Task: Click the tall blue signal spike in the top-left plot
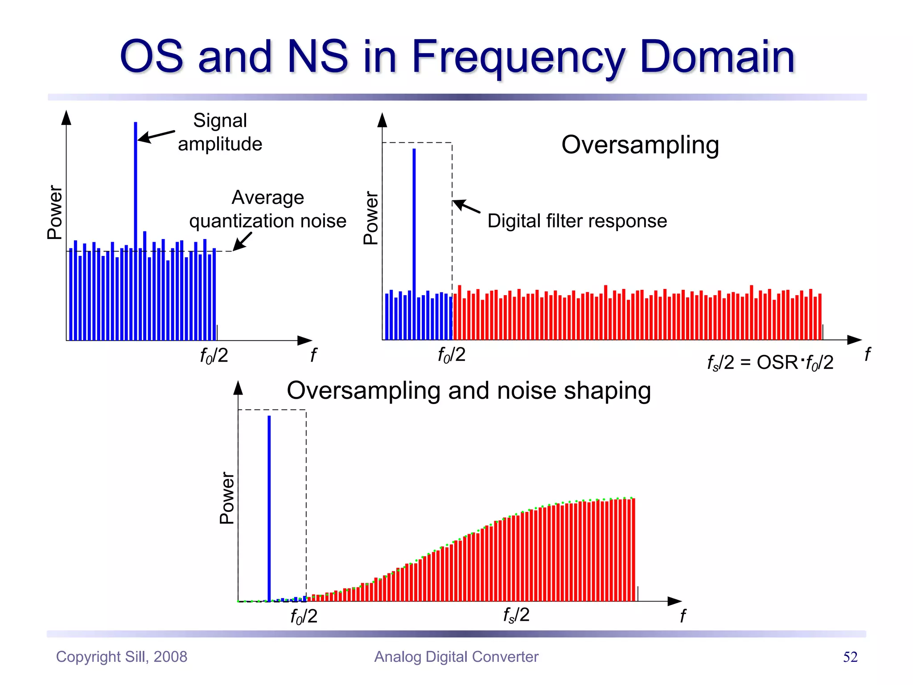[136, 187]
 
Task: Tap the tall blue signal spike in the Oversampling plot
[414, 223]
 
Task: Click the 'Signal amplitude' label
[220, 132]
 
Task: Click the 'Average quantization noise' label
[267, 209]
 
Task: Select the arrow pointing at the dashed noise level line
[243, 241]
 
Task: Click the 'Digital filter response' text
[577, 221]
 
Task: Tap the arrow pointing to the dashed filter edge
[466, 206]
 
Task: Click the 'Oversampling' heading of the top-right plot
[640, 144]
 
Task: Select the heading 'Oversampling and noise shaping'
[469, 390]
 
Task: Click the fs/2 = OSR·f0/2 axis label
[770, 362]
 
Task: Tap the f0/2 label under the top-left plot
[214, 355]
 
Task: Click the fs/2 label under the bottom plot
[516, 615]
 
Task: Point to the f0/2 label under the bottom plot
[304, 616]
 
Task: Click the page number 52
[850, 657]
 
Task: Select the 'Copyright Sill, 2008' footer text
[121, 656]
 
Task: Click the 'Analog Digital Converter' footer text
[456, 656]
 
